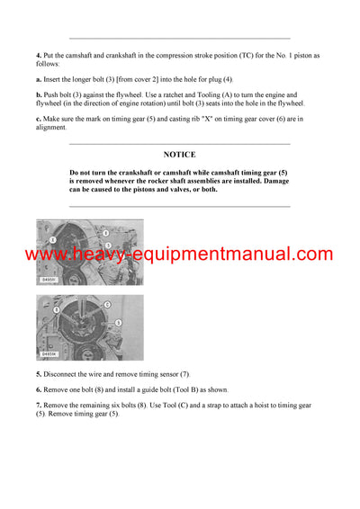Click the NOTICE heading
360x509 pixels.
179,155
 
